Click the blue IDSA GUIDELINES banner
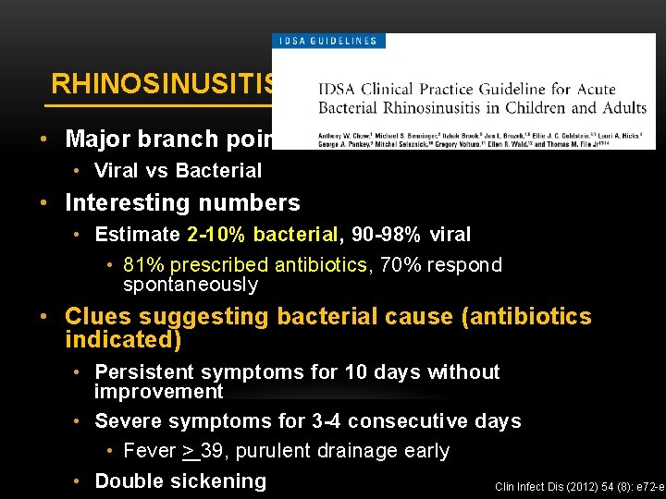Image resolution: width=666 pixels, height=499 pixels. [x=327, y=41]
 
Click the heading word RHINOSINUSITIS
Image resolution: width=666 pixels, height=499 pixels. [x=163, y=84]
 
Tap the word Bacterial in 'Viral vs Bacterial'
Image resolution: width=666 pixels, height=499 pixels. [x=219, y=170]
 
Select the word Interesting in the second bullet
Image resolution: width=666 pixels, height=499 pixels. [x=125, y=203]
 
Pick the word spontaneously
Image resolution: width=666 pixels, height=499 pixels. [x=191, y=285]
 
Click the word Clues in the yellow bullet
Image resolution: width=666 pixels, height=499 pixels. [x=96, y=317]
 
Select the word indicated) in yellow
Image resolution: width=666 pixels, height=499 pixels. [x=123, y=339]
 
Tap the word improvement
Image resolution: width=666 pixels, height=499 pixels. [x=158, y=392]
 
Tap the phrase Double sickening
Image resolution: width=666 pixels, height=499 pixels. [x=180, y=481]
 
